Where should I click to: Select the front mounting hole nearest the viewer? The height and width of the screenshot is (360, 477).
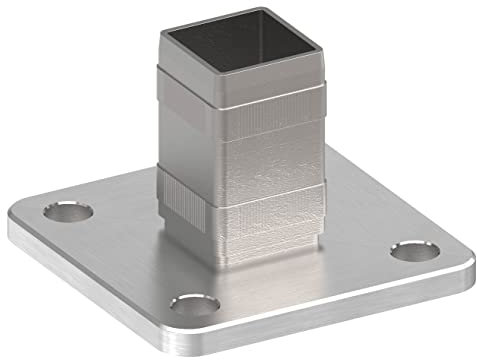point(194,302)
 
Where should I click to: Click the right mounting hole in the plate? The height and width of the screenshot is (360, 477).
point(410,250)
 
